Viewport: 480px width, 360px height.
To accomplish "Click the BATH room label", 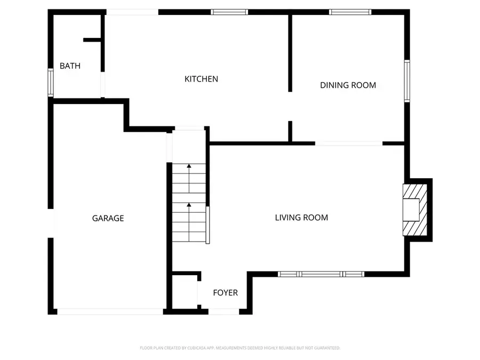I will point(70,66).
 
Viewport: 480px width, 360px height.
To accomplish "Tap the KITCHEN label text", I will point(201,79).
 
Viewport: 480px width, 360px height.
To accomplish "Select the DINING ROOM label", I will point(348,85).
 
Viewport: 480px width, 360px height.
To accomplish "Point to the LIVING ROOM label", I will point(301,217).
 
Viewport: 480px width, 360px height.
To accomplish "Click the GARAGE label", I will point(108,218).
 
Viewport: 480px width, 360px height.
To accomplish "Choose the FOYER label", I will point(225,293).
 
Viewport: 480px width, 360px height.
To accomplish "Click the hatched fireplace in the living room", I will point(415,210).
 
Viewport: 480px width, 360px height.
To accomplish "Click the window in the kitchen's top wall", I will point(229,12).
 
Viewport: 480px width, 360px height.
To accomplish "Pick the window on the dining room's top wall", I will point(350,12).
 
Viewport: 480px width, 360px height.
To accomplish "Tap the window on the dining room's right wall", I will point(407,80).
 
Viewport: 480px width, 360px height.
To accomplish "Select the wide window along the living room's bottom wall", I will point(321,274).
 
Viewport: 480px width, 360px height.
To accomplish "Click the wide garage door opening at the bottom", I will point(110,311).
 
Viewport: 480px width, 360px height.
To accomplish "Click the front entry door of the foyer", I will point(223,311).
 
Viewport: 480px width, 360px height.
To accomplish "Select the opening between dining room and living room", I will point(349,143).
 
